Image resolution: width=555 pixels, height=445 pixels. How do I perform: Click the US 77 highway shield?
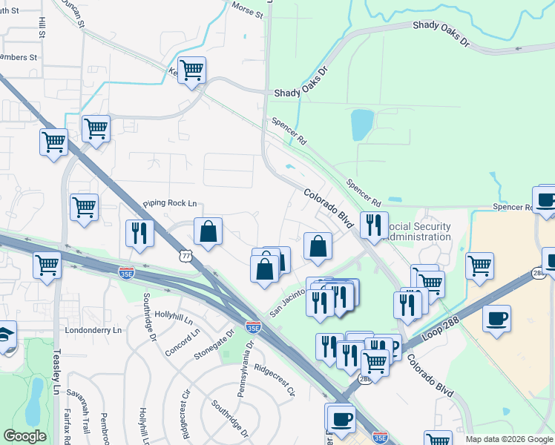click(x=185, y=254)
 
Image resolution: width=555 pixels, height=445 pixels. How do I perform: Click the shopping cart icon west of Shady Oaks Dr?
click(x=191, y=70)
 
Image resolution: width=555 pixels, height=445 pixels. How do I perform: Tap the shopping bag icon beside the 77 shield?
click(x=208, y=230)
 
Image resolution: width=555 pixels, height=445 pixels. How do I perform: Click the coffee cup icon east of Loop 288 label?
click(x=496, y=318)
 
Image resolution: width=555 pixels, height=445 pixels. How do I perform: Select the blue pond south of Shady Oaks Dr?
click(x=361, y=125)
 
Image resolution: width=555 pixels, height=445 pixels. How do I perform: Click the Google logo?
click(x=24, y=436)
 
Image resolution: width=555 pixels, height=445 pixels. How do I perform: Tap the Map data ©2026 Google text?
click(x=509, y=439)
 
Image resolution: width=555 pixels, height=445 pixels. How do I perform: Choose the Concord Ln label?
click(x=183, y=341)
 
